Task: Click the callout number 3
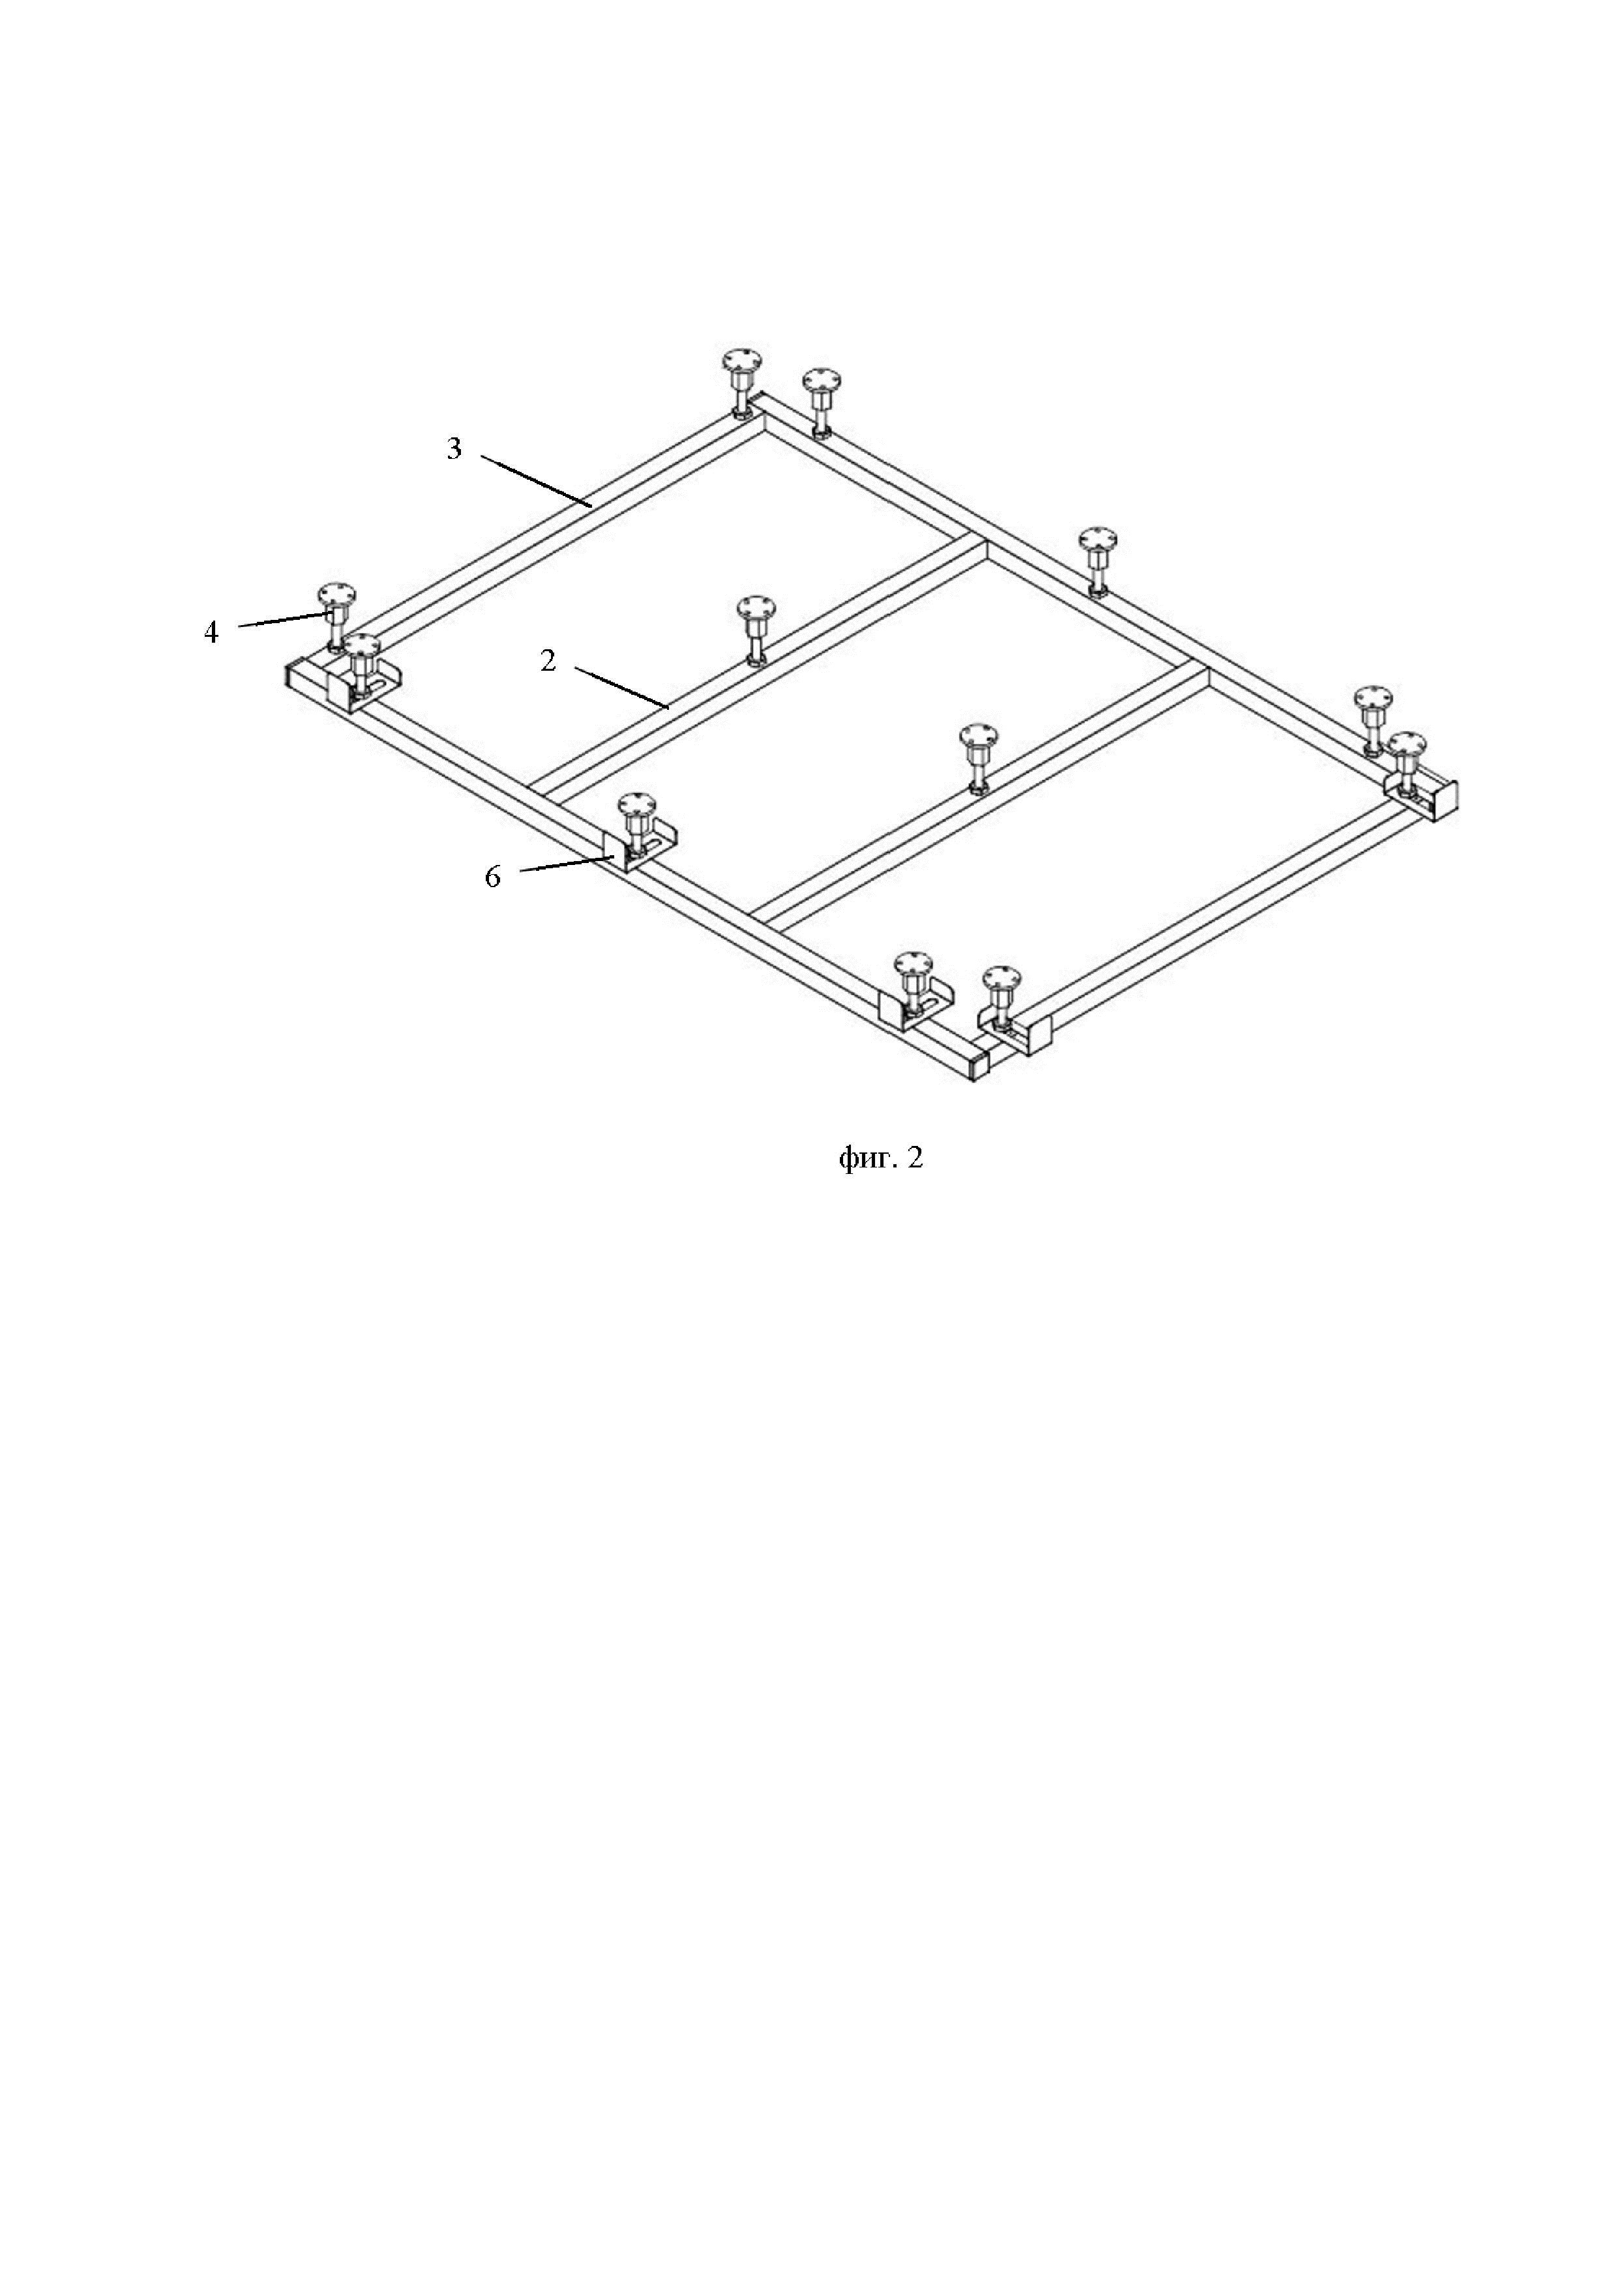click(454, 449)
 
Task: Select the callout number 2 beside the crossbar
click(548, 660)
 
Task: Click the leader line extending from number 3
click(538, 482)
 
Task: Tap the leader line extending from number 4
click(284, 619)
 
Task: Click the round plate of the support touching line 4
click(336, 595)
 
